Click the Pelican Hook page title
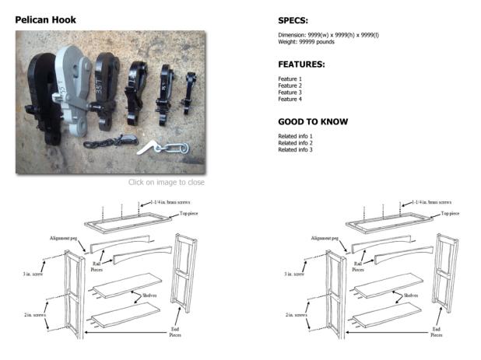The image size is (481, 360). (x=45, y=19)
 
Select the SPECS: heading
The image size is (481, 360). (x=294, y=20)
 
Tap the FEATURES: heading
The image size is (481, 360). (x=301, y=65)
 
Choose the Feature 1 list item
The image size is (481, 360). (x=291, y=79)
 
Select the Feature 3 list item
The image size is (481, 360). (x=291, y=93)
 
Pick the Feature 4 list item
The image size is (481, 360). (x=291, y=100)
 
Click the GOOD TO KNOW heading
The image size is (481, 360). (x=312, y=122)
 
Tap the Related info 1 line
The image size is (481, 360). (x=295, y=136)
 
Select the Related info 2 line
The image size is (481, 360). (x=295, y=143)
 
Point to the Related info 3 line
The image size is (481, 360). (x=295, y=150)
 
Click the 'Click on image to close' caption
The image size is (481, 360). (x=167, y=183)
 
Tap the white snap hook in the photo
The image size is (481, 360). (x=165, y=146)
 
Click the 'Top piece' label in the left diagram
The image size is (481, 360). (x=193, y=212)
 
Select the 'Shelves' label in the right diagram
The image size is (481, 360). (x=409, y=295)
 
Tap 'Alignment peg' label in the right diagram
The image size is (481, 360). (x=325, y=238)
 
